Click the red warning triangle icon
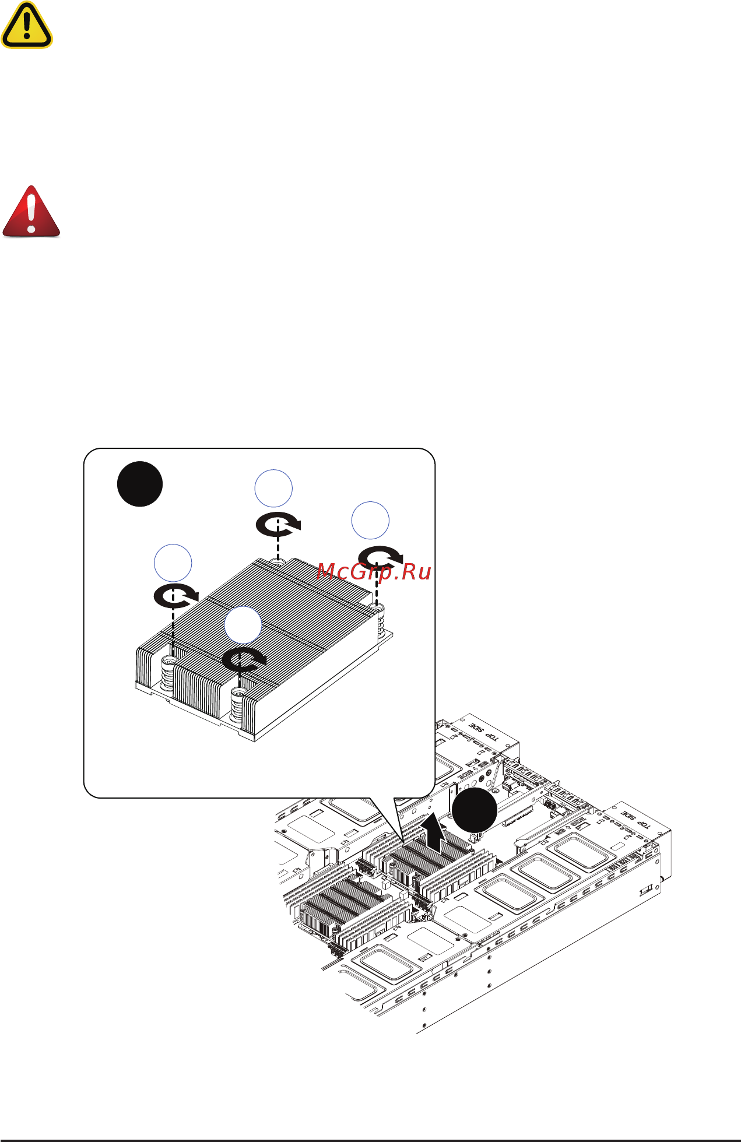[31, 212]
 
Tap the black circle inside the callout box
[140, 484]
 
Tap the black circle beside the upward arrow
[475, 811]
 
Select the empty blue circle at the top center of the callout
[273, 488]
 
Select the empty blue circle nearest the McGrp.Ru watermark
[370, 520]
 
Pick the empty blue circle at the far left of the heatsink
[173, 563]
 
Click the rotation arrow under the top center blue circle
[279, 525]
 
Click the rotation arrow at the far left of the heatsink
[175, 596]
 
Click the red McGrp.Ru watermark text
[374, 572]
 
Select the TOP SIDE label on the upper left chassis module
[483, 731]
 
